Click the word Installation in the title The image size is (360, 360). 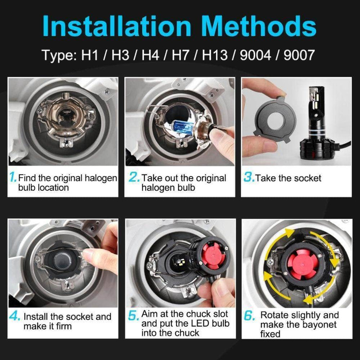coord(117,26)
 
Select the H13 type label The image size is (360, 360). coord(215,55)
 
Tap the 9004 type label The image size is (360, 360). coord(256,55)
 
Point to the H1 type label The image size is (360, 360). coord(90,55)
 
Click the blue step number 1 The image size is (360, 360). coord(13,177)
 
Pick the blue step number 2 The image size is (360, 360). coord(134,177)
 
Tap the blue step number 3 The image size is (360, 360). coord(249,177)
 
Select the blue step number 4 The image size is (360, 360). coord(15,316)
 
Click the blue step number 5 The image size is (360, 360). coord(133,315)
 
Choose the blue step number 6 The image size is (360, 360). coord(250,315)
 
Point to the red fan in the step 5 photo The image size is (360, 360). coord(213,255)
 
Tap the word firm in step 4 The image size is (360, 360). coord(63,326)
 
